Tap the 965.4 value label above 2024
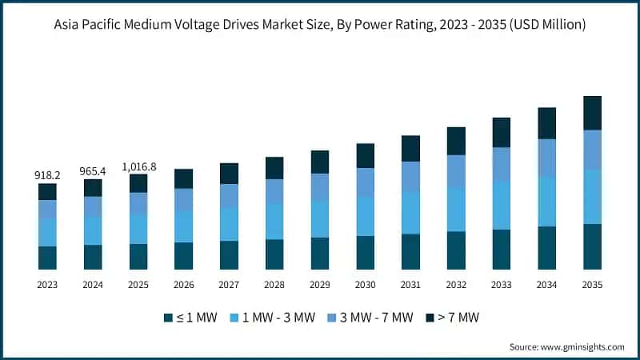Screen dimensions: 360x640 point(93,170)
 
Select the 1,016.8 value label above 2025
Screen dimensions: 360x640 point(138,166)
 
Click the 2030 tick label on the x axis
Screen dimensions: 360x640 point(366,285)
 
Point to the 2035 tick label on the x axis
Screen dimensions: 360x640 point(592,285)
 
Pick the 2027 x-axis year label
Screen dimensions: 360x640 point(229,285)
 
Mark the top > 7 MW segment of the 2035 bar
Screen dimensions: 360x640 point(592,113)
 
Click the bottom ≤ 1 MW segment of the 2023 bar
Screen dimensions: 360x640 point(47,258)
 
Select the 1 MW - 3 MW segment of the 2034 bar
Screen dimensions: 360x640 point(547,202)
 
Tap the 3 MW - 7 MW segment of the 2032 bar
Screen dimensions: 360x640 point(456,171)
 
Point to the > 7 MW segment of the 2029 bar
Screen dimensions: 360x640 point(320,162)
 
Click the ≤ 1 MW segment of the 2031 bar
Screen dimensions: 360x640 point(410,251)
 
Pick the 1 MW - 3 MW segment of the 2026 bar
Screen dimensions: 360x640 point(184,226)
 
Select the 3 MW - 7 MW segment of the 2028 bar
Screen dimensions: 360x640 point(274,191)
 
